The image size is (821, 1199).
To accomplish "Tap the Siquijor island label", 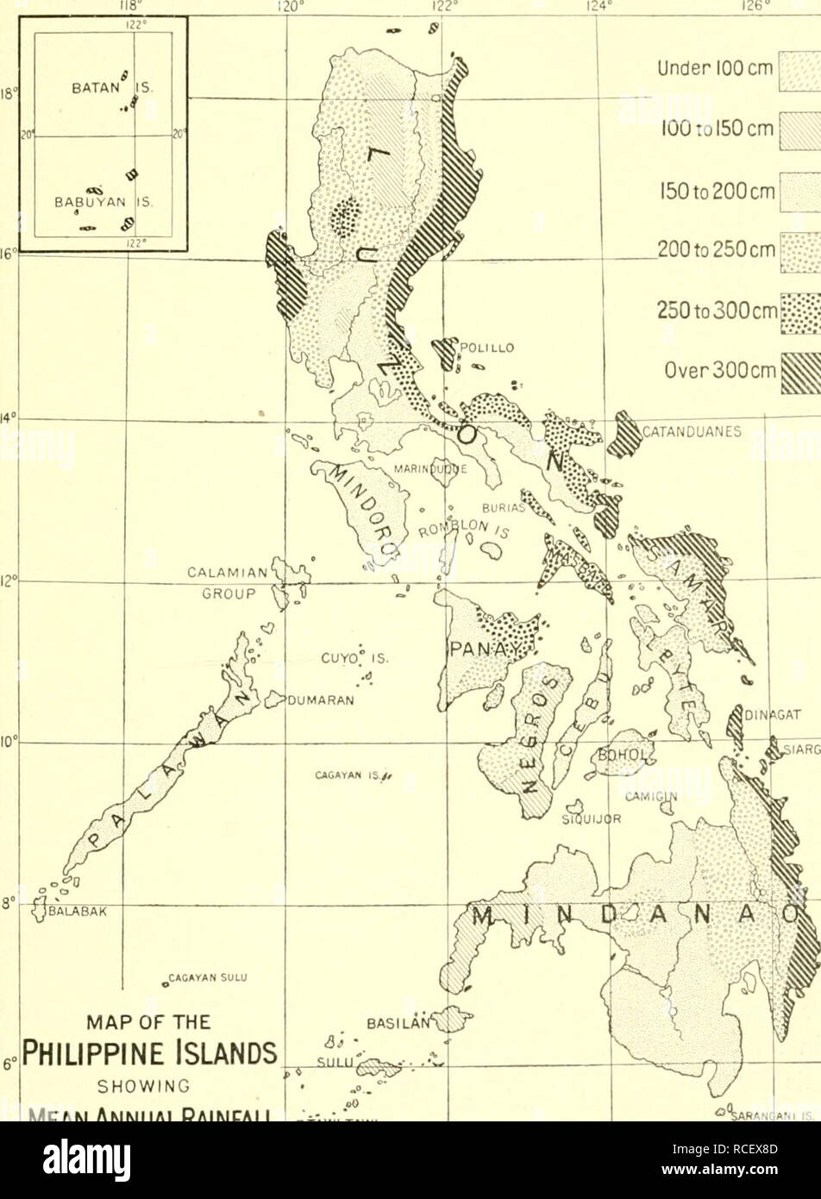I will coord(581,820).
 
